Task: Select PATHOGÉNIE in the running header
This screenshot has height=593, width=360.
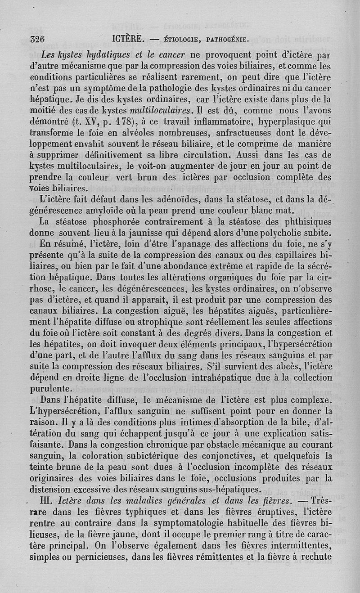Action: tap(228, 40)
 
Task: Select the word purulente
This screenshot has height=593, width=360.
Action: tap(50, 388)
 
